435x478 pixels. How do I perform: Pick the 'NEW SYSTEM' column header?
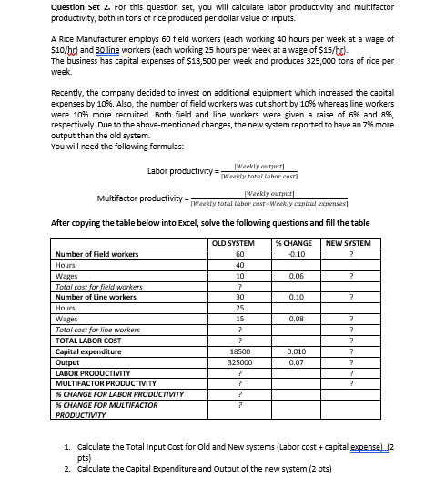click(349, 242)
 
